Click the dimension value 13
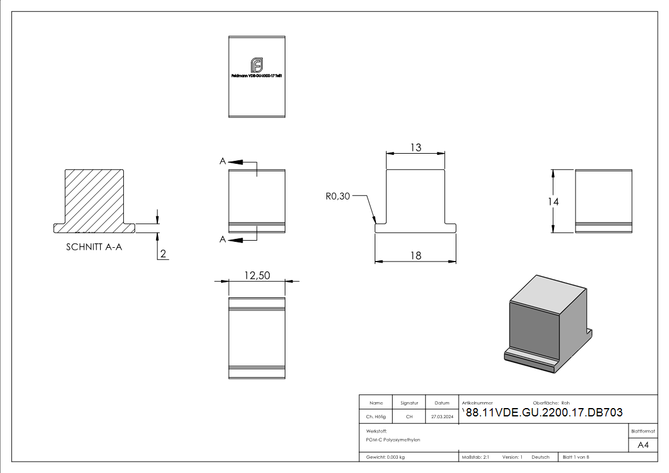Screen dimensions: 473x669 [x=415, y=147]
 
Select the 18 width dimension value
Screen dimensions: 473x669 [x=415, y=256]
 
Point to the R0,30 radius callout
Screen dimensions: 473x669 [x=338, y=197]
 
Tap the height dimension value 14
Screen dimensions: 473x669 [x=553, y=202]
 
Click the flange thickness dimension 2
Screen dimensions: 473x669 [x=163, y=254]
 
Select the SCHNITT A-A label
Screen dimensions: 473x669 [x=94, y=247]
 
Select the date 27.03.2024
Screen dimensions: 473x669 [x=442, y=417]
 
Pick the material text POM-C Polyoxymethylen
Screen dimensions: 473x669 [x=393, y=440]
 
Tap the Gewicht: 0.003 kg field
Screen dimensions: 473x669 [x=385, y=457]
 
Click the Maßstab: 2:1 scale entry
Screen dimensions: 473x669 [x=475, y=457]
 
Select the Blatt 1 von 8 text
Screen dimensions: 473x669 [x=575, y=457]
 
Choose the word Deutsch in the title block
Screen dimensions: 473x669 [x=540, y=457]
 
